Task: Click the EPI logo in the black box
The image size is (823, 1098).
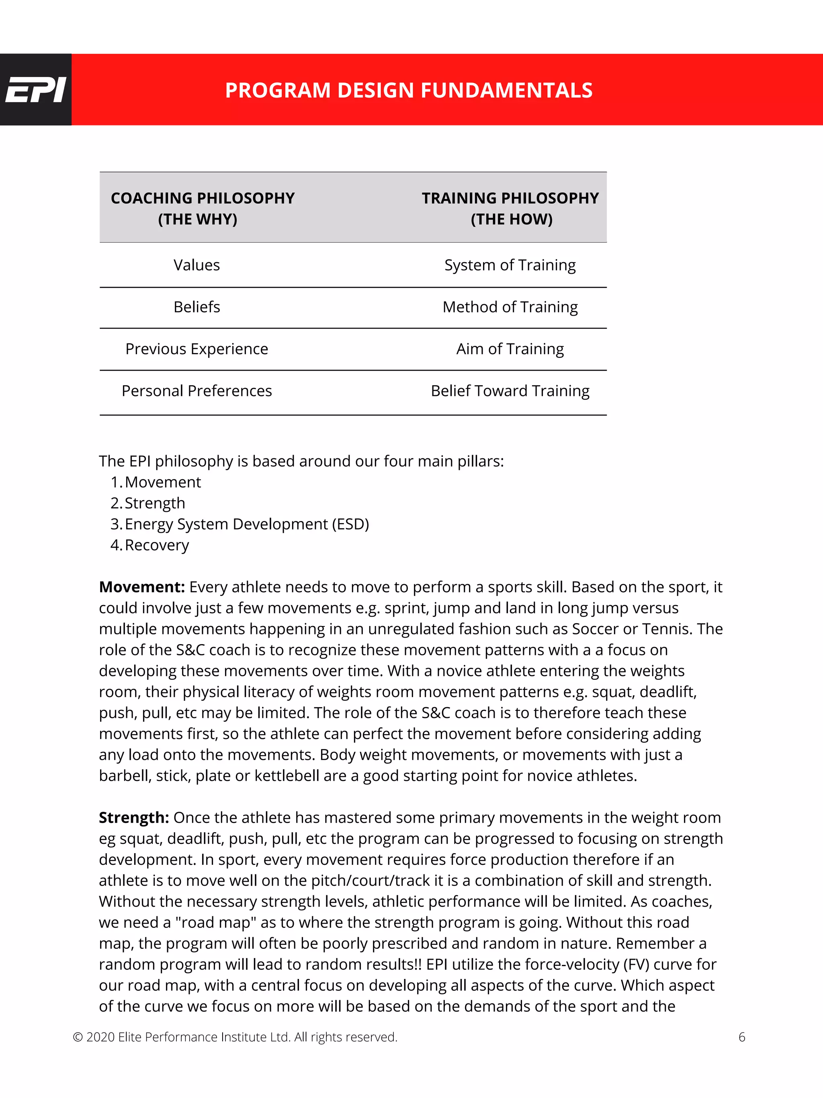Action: pyautogui.click(x=35, y=90)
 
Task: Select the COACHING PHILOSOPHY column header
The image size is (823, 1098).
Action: pyautogui.click(x=203, y=208)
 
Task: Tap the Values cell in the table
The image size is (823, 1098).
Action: pyautogui.click(x=197, y=265)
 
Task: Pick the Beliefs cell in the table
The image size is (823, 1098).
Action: pyautogui.click(x=197, y=307)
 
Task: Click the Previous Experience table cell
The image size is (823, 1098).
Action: pyautogui.click(x=197, y=349)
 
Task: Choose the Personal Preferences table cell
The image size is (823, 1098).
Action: pyautogui.click(x=197, y=391)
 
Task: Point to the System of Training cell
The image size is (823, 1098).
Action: pyautogui.click(x=510, y=265)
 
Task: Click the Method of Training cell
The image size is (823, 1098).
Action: pyautogui.click(x=510, y=307)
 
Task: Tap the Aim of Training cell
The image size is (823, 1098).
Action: pyautogui.click(x=510, y=349)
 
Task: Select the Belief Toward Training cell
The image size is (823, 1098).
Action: pyautogui.click(x=510, y=391)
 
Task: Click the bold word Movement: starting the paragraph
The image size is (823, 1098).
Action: pyautogui.click(x=142, y=587)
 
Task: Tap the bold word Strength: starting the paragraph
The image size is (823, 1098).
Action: pyautogui.click(x=134, y=817)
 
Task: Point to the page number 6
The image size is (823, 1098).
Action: pyautogui.click(x=742, y=1037)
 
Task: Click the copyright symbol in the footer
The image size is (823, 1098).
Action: pyautogui.click(x=78, y=1037)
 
